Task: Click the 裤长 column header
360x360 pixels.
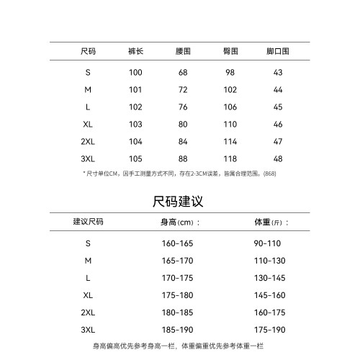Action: pyautogui.click(x=135, y=52)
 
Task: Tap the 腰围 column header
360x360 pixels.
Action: pyautogui.click(x=183, y=52)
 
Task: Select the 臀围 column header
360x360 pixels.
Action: pyautogui.click(x=230, y=52)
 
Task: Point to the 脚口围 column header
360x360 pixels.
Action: pyautogui.click(x=278, y=52)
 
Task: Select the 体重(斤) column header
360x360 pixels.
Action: pyautogui.click(x=271, y=221)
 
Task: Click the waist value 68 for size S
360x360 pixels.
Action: pyautogui.click(x=183, y=73)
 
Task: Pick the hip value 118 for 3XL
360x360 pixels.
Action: pyautogui.click(x=230, y=159)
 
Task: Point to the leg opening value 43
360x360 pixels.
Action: pyautogui.click(x=278, y=73)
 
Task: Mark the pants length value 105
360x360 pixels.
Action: pyautogui.click(x=135, y=159)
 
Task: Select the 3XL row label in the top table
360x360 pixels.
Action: pyautogui.click(x=89, y=159)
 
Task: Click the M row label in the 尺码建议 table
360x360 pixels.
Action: pyautogui.click(x=89, y=261)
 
